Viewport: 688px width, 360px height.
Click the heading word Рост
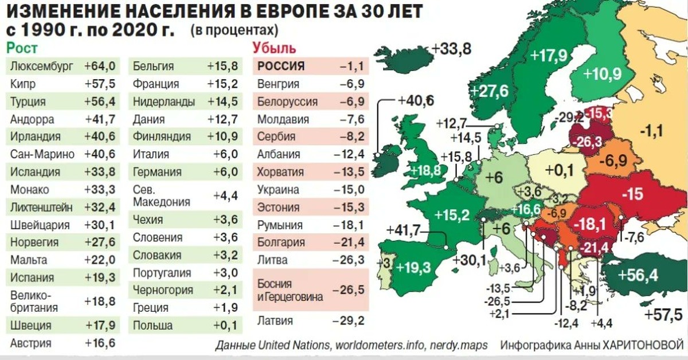(x=21, y=48)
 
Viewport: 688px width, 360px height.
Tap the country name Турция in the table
(x=28, y=102)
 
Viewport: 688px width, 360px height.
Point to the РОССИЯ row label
(x=281, y=66)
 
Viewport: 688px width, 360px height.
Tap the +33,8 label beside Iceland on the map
(x=452, y=49)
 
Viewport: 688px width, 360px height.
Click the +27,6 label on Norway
(x=488, y=91)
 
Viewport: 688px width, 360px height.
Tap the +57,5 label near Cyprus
(x=663, y=315)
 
